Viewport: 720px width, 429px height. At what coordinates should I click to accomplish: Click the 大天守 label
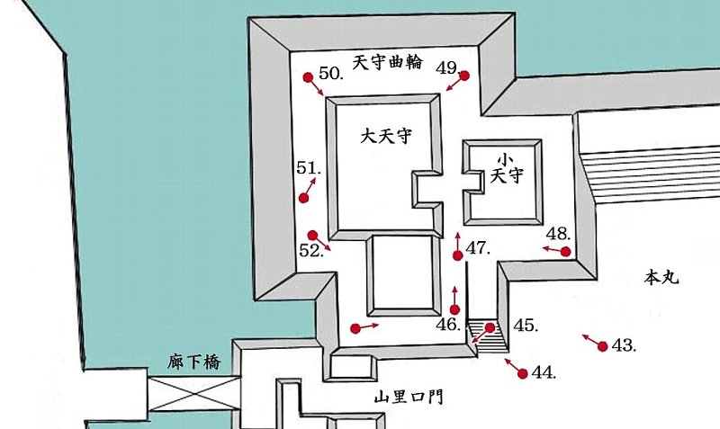pos(386,137)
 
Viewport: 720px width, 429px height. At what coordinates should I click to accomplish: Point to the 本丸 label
pos(662,278)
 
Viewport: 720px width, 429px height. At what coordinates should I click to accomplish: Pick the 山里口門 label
pos(410,397)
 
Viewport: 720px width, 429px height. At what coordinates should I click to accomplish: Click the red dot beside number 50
pos(307,77)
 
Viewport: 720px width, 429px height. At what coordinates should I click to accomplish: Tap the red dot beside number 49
pos(465,76)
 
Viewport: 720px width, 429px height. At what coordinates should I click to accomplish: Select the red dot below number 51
pos(303,198)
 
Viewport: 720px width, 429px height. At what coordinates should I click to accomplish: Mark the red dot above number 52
pos(312,235)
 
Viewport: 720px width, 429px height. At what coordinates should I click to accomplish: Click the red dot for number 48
pos(565,251)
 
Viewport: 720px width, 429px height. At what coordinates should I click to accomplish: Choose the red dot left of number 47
pos(458,256)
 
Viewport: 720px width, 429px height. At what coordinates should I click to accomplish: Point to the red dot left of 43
pos(602,346)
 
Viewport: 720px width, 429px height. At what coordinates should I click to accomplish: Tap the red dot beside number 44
pos(523,373)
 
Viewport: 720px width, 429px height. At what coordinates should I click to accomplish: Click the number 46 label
pos(448,325)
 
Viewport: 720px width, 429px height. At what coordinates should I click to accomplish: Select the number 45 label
pos(526,326)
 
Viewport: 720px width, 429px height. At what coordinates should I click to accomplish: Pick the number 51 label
pos(309,168)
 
